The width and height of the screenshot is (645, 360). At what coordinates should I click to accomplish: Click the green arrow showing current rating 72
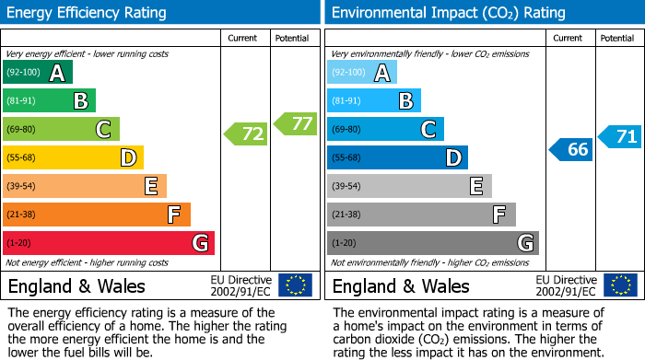pos(246,134)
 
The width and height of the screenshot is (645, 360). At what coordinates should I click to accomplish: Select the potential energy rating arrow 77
pos(296,123)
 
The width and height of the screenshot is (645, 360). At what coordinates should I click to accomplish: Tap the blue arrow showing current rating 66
pos(571,149)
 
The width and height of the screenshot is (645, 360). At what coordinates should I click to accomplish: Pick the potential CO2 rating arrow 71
pos(620,137)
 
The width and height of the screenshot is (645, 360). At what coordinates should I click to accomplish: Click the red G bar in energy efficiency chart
pos(109,243)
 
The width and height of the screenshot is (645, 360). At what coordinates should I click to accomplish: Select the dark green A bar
pos(38,73)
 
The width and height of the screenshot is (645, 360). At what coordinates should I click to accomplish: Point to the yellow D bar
pos(73,158)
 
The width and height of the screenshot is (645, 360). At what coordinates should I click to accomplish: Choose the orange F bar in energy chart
pos(97,215)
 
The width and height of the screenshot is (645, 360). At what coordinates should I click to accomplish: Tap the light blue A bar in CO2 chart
pos(362,73)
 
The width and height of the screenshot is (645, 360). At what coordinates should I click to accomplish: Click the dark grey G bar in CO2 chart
pos(432,243)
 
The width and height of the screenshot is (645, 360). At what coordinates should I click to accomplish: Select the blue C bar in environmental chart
pos(385,130)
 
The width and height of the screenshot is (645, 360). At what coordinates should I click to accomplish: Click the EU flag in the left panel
pos(295,285)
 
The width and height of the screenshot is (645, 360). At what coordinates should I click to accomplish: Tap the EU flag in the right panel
pos(620,285)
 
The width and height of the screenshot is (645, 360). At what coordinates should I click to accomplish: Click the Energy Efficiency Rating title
pos(88,13)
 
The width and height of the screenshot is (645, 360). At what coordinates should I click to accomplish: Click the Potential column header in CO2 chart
pos(617,38)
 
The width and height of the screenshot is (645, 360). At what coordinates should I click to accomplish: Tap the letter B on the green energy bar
pos(81,101)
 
